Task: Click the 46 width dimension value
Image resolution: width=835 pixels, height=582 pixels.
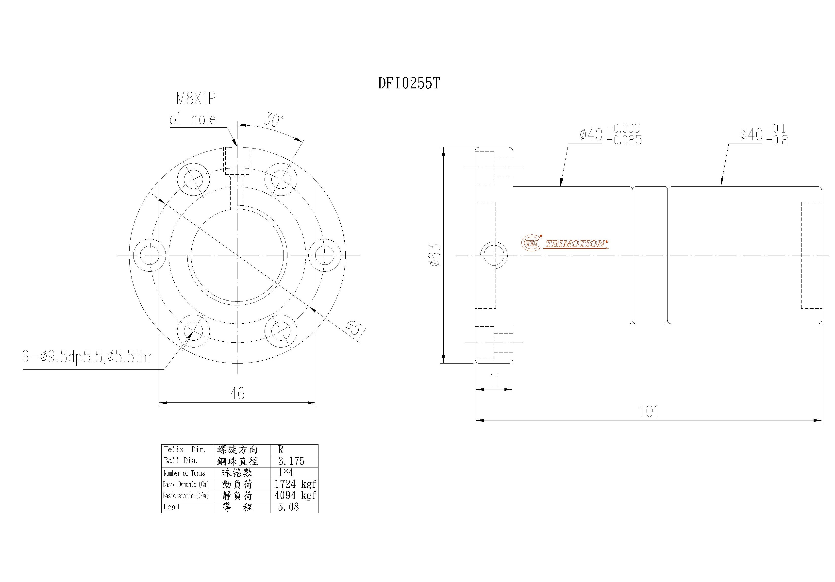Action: coord(237,394)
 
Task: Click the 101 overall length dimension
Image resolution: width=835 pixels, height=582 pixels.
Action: coord(649,411)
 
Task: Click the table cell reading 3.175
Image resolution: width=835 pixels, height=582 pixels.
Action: coord(291,461)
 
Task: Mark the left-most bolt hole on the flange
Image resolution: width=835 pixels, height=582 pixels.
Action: coord(150,255)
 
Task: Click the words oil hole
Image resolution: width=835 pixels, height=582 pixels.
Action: coord(193,119)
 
